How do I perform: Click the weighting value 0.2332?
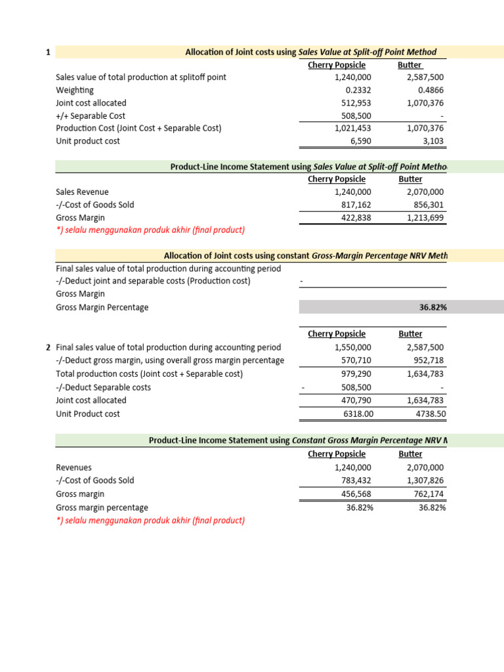(358, 91)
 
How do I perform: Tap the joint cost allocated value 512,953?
(354, 103)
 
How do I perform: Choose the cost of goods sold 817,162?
(354, 205)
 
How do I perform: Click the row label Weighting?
(75, 91)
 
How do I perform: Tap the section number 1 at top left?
(48, 52)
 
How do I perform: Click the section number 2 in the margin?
(48, 347)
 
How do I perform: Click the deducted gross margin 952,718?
(426, 360)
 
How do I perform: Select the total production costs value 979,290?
(354, 373)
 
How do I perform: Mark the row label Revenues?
(74, 468)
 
